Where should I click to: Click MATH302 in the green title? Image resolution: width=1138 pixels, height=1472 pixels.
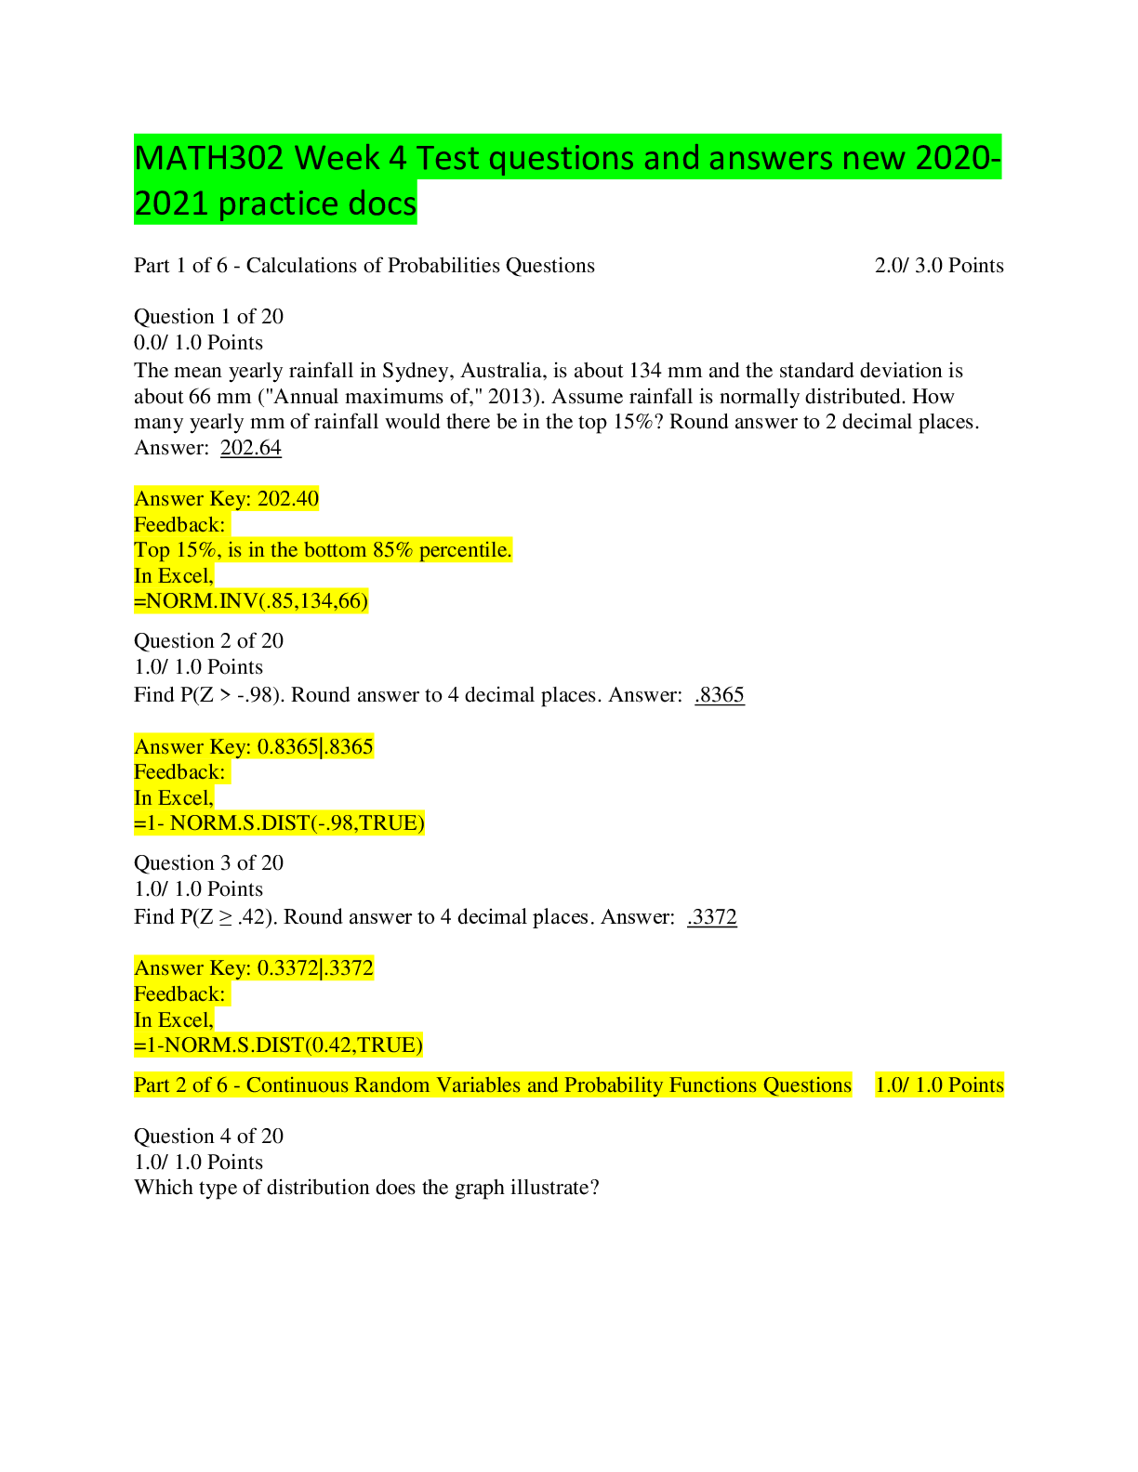209,158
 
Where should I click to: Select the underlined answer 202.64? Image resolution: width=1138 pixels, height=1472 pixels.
251,447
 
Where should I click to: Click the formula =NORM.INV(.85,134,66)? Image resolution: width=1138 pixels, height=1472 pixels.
251,601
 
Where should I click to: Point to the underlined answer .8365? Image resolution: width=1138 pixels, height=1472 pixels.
720,694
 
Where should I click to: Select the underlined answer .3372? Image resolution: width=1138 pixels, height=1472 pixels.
711,916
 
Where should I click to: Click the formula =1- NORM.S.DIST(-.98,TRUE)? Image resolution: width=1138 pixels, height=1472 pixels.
279,823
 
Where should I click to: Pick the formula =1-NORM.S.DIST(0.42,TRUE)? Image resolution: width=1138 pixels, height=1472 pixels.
279,1045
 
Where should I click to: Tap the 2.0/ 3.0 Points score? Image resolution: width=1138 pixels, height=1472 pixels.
939,266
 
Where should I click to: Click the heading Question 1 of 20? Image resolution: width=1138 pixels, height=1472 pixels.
209,316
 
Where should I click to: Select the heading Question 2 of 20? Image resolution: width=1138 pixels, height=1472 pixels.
209,641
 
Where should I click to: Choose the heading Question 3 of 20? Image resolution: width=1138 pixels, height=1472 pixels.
209,863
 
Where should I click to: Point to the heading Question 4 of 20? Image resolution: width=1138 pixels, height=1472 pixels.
209,1136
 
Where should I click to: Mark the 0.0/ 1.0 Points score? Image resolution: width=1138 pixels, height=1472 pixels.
199,342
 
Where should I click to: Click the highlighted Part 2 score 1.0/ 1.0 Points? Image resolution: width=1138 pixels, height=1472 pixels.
939,1084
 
